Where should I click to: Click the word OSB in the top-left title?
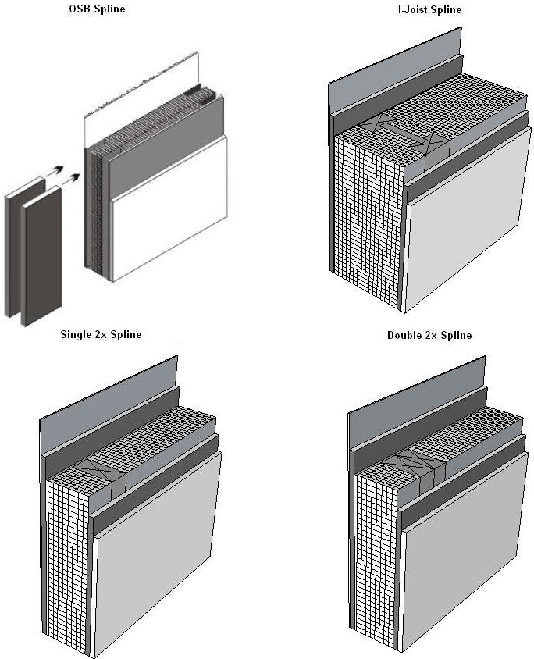80,9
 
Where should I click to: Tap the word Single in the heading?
76,334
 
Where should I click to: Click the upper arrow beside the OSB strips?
55,171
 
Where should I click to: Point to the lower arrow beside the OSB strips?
70,179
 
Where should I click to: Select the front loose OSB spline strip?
41,255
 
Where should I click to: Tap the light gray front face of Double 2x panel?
465,553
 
